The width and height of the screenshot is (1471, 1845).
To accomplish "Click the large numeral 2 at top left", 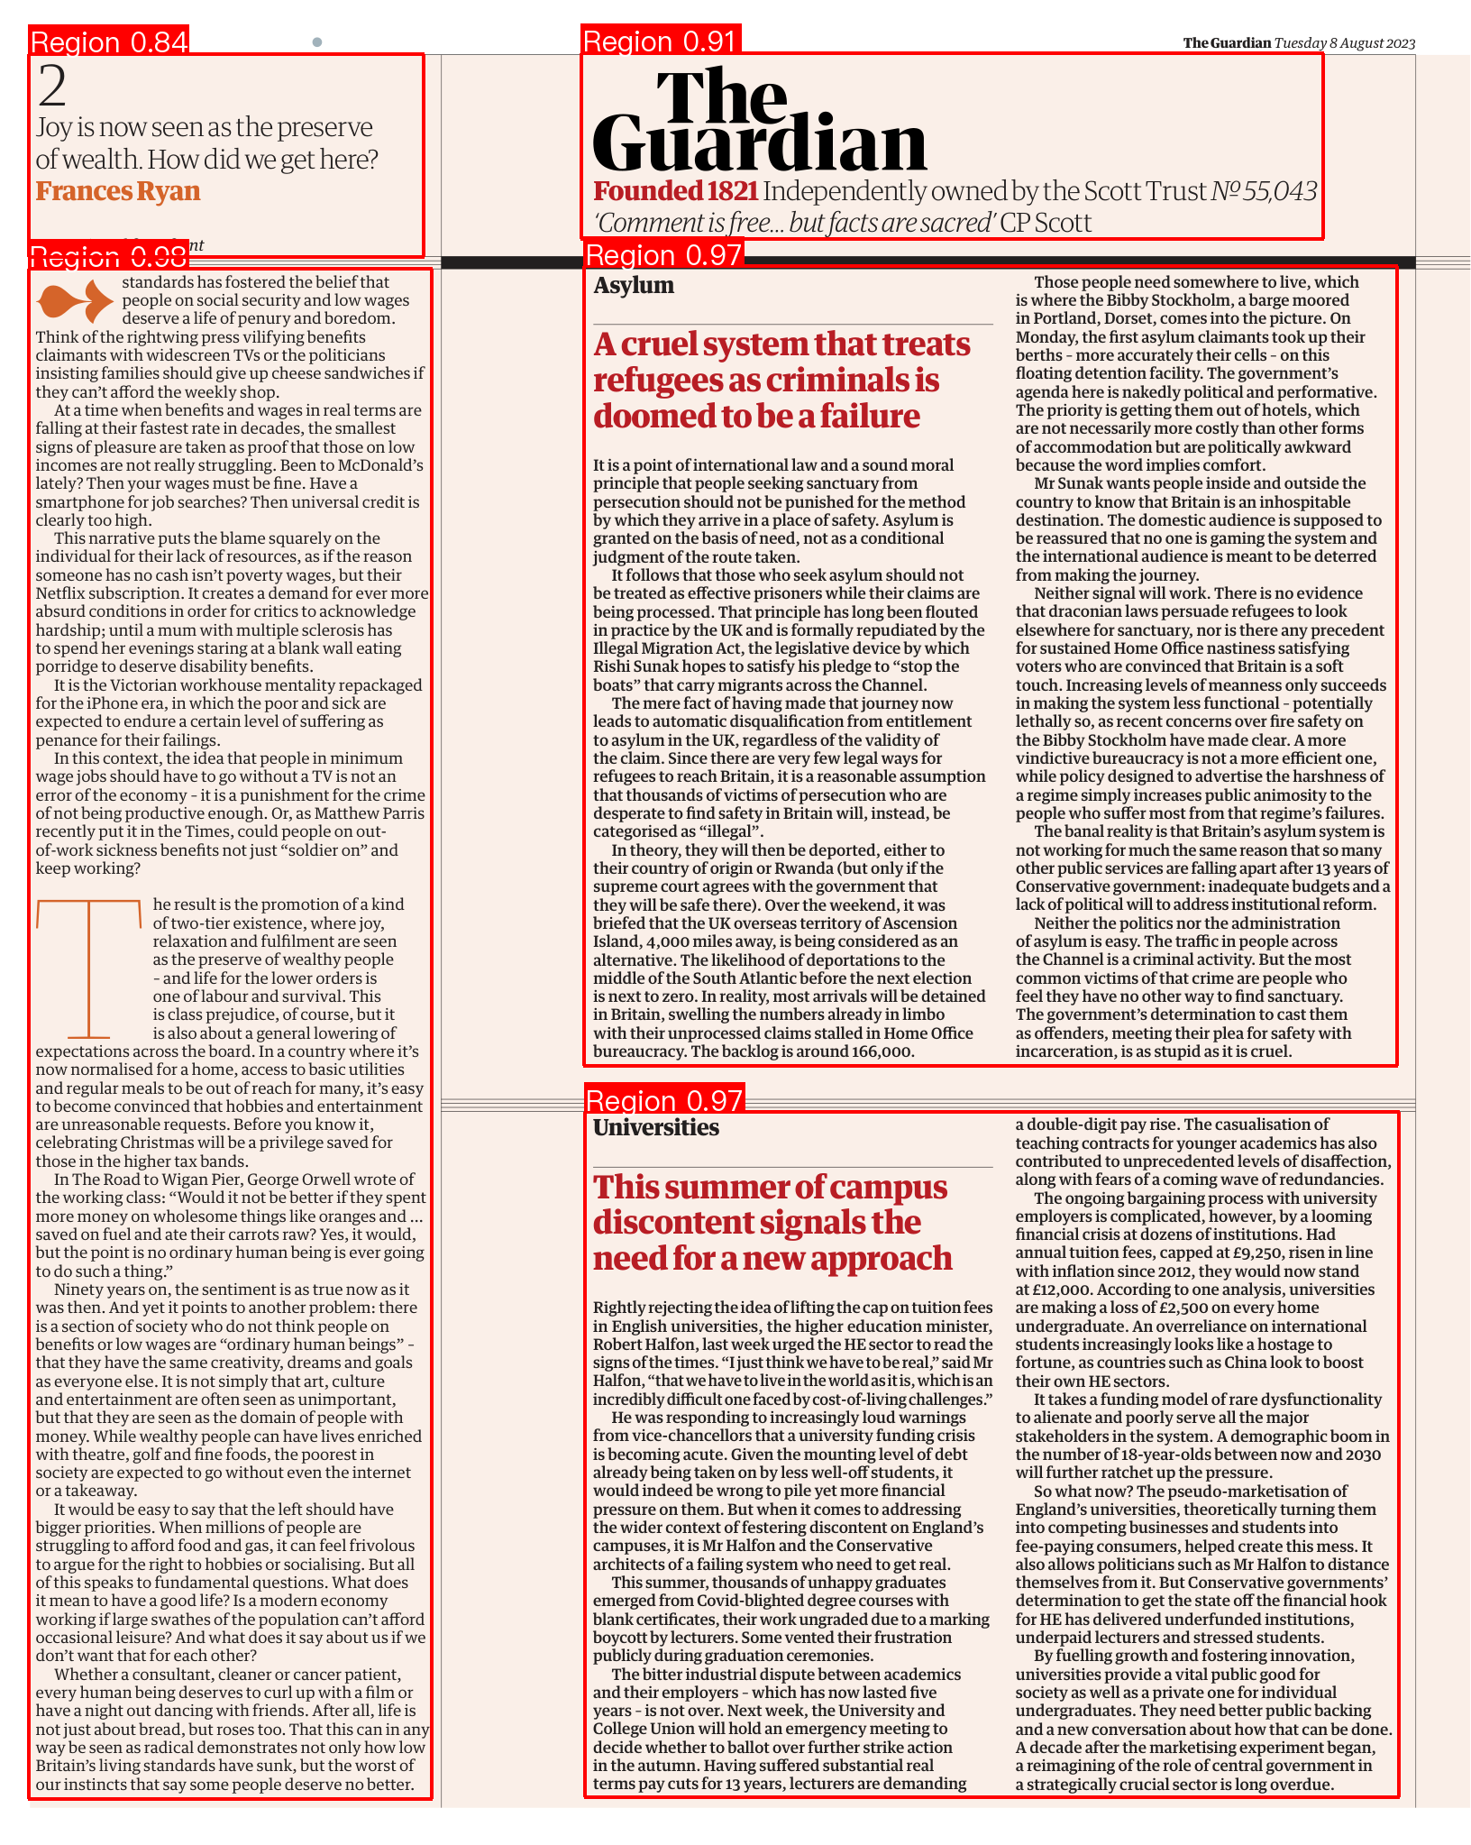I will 52,87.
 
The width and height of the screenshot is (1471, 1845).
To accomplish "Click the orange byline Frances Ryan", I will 118,191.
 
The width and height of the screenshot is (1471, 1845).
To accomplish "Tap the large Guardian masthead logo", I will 759,122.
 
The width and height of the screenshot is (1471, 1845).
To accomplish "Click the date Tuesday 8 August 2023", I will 1345,43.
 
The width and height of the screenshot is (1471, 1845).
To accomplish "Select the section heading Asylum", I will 634,286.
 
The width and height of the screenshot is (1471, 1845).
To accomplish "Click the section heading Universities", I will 656,1128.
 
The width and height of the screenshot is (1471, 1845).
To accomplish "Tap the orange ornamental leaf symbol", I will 75,301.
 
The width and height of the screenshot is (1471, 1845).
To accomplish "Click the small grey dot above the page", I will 317,42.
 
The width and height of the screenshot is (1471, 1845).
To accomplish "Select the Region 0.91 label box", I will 661,41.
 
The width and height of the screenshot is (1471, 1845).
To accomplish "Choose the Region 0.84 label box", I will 109,41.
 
